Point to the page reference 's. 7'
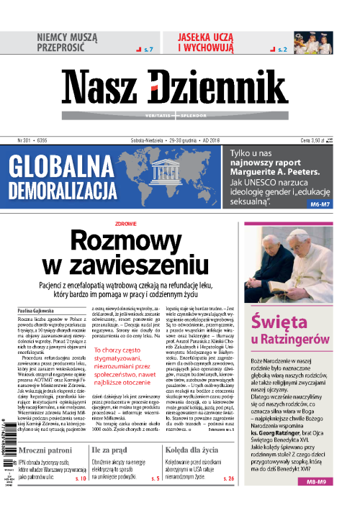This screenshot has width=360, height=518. pos(149,50)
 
